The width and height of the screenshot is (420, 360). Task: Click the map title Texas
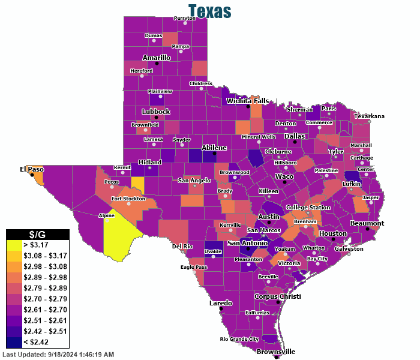coord(209,11)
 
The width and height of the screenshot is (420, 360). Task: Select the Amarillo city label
coord(157,58)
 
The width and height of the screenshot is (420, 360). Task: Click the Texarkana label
coord(368,116)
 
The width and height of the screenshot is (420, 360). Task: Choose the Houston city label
coord(333,233)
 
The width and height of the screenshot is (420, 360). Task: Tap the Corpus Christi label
coord(278,296)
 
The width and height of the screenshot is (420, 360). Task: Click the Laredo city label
coord(220,303)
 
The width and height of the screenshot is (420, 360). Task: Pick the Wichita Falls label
coord(248,101)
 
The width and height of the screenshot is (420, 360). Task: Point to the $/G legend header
coord(38,234)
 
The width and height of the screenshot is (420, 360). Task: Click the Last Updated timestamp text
coord(58,355)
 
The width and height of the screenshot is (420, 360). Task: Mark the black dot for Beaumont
coord(368,229)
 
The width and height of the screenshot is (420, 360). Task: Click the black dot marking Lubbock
coord(156,118)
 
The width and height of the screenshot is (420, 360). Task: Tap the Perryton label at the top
coord(185,18)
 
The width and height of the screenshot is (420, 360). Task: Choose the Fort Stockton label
coord(128,199)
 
